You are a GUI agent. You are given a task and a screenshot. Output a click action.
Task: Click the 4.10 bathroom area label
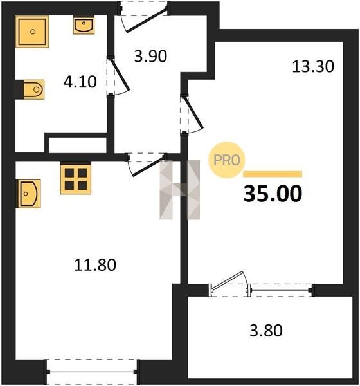point(80,82)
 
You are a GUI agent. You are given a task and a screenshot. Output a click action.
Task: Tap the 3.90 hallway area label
point(150,56)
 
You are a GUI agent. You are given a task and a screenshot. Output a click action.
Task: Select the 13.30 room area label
point(313,67)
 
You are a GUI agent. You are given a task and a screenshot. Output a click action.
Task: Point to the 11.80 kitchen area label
point(95,265)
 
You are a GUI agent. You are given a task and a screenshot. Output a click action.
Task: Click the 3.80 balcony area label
point(266,331)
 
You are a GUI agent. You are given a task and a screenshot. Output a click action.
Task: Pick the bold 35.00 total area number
point(273,194)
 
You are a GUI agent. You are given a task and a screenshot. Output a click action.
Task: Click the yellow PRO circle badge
point(227,160)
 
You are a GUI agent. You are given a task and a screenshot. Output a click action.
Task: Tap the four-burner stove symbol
point(76,179)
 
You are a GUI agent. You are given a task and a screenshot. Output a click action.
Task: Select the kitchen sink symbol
point(28,194)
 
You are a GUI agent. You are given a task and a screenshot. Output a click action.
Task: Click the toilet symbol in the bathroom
point(33,89)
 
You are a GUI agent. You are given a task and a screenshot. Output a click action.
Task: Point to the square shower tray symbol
point(32,32)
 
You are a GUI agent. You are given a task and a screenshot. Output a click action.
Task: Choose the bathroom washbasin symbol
point(84,25)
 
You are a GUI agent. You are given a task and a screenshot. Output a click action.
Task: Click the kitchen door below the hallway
point(146,164)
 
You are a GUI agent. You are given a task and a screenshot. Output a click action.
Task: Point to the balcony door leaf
point(228,280)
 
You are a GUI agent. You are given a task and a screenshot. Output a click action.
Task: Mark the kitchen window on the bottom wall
point(92,372)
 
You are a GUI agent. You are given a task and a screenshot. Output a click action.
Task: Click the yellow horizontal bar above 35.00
point(273,174)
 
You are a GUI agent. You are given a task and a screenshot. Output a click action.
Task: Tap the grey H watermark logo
point(179,190)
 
